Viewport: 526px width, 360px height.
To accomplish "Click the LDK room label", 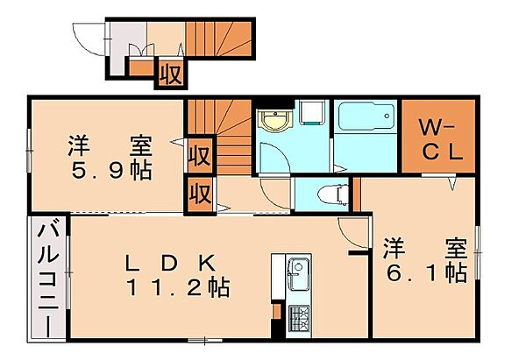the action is point(170,263).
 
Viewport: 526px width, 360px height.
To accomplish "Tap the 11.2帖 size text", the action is point(179,287).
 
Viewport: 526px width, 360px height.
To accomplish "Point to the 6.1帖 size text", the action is point(427,273).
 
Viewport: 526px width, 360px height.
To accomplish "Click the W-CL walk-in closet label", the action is point(441,140).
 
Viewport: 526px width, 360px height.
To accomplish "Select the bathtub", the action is point(366,116).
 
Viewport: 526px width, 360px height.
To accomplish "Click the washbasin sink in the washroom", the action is point(275,120).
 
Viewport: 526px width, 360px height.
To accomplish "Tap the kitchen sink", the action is point(298,274).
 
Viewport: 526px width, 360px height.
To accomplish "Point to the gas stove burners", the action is point(299,319).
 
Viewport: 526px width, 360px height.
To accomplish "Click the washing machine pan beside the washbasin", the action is point(312,113).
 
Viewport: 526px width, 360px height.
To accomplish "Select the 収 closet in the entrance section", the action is point(171,74).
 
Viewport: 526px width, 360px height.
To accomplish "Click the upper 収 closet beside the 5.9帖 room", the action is point(200,154).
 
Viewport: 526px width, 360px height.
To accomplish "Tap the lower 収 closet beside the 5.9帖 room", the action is point(200,194).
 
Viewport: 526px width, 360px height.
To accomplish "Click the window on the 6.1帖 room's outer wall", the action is point(478,252).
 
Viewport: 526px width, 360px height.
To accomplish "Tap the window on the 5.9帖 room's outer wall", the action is point(29,151).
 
